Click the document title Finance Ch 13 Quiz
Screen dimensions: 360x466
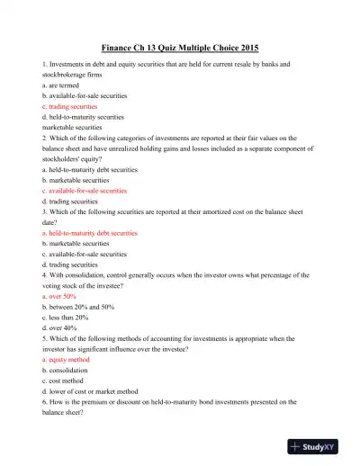[180, 48]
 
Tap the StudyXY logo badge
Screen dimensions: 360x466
[319, 445]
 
